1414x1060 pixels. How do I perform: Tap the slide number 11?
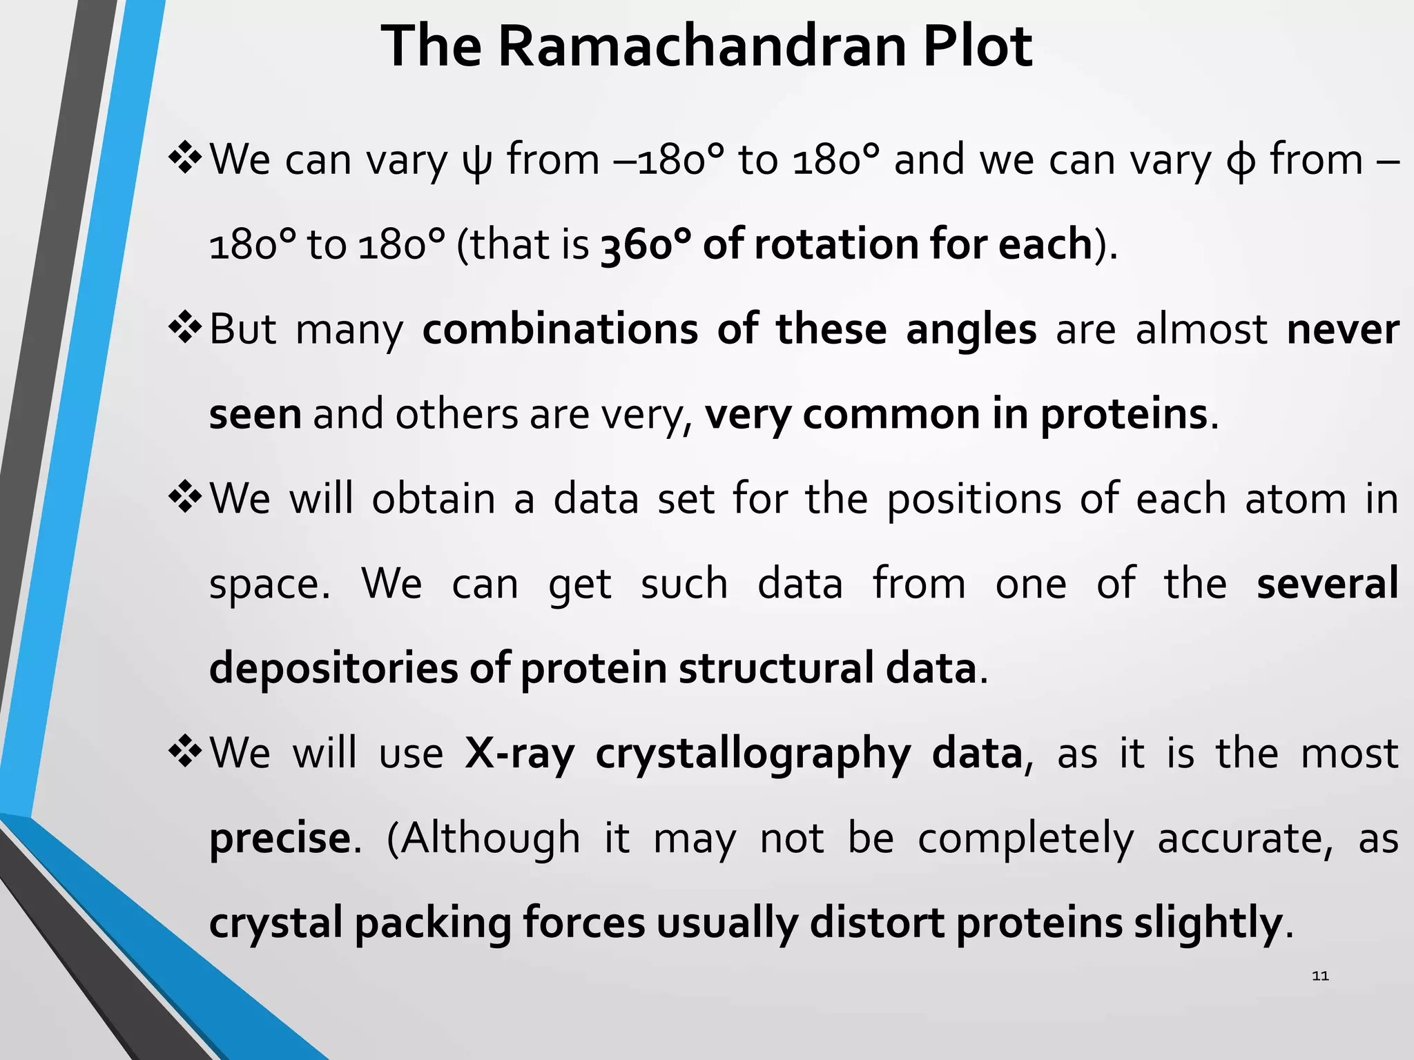[x=1320, y=976]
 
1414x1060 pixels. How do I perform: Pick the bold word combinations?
[x=560, y=329]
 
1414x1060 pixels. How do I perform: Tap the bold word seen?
[x=255, y=415]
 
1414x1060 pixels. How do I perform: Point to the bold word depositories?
[x=333, y=669]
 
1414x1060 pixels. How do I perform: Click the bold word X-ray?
[x=519, y=753]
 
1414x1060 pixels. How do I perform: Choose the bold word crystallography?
[x=753, y=754]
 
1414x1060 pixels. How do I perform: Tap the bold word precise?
[x=280, y=839]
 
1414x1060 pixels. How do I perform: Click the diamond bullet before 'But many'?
[x=184, y=328]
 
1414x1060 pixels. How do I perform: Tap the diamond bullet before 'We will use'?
[x=184, y=752]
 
